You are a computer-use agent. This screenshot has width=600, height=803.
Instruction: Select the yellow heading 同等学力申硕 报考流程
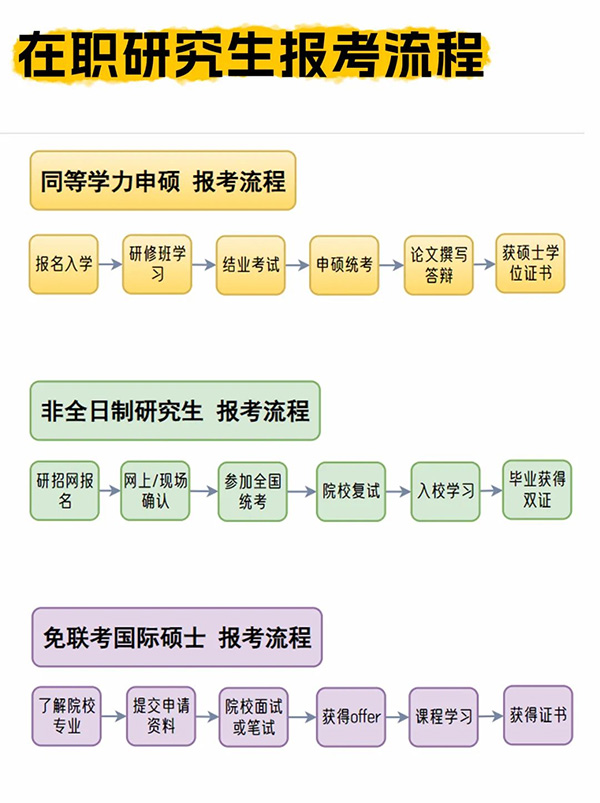163,181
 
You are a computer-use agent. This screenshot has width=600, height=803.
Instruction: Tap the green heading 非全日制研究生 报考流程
175,411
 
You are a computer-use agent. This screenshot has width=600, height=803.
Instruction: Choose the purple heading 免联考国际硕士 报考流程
177,637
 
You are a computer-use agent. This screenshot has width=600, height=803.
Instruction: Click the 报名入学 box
64,265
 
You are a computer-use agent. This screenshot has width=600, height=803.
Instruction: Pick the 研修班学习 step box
157,265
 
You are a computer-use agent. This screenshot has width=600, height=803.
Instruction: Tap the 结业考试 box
251,265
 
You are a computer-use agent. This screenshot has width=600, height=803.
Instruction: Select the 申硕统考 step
344,265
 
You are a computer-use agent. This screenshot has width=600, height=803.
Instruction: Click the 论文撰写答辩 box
438,265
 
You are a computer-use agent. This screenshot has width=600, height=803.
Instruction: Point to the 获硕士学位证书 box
530,264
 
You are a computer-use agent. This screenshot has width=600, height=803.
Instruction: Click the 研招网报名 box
65,490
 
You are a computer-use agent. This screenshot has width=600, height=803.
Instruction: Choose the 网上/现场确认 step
155,490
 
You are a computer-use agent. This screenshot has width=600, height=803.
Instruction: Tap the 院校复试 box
351,491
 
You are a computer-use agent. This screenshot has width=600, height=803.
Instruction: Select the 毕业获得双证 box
537,489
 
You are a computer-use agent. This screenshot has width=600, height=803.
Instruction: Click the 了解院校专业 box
67,716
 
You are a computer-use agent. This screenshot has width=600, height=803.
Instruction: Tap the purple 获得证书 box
538,715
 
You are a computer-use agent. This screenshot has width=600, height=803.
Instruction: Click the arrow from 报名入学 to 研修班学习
110,265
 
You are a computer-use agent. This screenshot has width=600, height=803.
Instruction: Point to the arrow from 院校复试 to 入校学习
398,491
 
